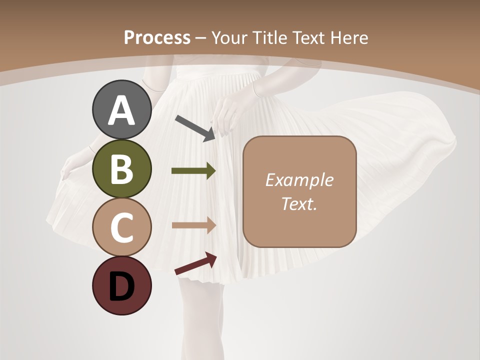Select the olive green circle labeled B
coord(121,169)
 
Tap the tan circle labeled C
coord(121,227)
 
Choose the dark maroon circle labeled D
coord(121,285)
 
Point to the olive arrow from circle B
coord(193,171)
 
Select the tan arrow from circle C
coord(193,225)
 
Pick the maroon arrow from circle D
coord(195,263)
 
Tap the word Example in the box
coord(299,180)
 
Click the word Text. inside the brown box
coord(299,203)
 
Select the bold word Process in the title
coord(157,37)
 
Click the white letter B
coord(121,169)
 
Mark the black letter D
coord(121,286)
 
